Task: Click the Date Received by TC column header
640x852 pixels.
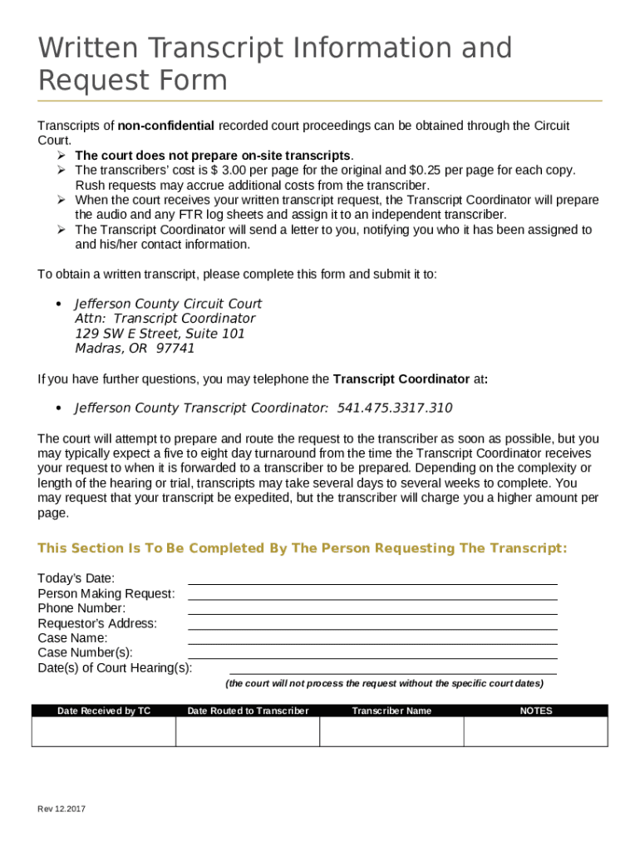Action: coord(104,711)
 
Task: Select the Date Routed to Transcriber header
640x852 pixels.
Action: coord(248,711)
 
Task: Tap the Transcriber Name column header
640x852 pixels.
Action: coord(391,711)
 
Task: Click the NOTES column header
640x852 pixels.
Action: coord(536,711)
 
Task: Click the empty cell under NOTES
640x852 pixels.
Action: coord(536,731)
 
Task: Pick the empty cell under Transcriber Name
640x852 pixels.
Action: coord(391,731)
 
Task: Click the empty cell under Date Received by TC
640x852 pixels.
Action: coord(104,731)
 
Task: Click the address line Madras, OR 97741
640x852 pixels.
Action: coord(135,349)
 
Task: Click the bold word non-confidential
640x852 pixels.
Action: coord(166,126)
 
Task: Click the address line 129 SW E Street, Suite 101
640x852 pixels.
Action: coord(160,334)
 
